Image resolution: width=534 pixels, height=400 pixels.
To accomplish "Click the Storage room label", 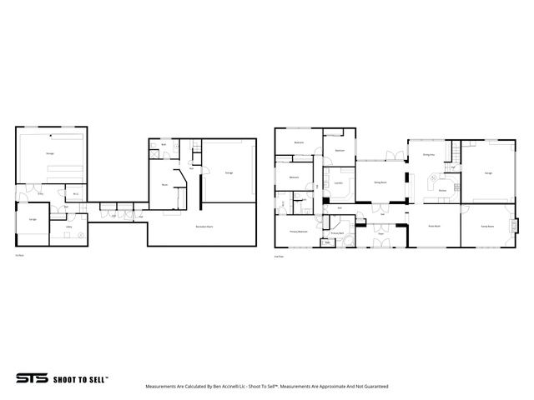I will (x=50, y=154).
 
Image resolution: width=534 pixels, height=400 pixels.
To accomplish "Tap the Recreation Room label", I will (x=201, y=227).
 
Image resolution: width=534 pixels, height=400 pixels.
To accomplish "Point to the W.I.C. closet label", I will (x=75, y=195).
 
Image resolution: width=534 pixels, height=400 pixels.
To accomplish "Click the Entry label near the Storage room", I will (x=40, y=193).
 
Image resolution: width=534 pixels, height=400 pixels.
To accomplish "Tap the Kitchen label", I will (x=442, y=190).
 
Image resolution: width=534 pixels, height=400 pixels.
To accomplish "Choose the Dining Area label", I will (x=429, y=154).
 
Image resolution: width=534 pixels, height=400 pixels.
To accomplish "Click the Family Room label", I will (x=486, y=226).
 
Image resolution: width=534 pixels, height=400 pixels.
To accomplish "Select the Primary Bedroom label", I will (x=298, y=231).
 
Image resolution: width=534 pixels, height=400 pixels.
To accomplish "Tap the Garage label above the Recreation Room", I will (x=229, y=172).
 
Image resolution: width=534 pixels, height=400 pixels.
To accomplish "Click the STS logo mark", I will (x=31, y=377).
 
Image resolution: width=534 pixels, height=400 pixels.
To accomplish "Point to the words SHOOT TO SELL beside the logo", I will (x=79, y=377).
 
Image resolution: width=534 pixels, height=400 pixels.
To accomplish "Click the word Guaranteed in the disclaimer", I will (x=373, y=387).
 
